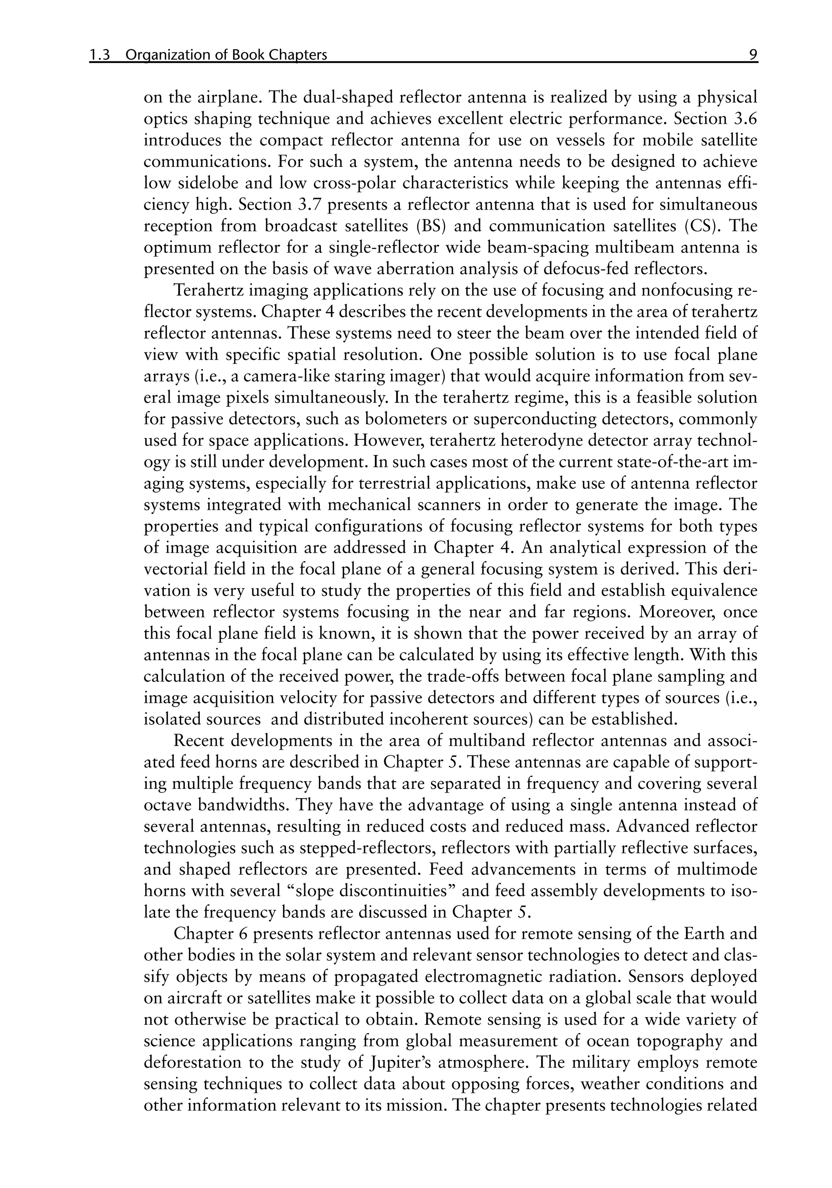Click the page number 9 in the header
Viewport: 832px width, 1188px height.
(753, 55)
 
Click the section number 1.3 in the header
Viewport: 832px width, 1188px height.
(100, 55)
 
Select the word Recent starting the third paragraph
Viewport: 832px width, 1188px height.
(199, 741)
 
